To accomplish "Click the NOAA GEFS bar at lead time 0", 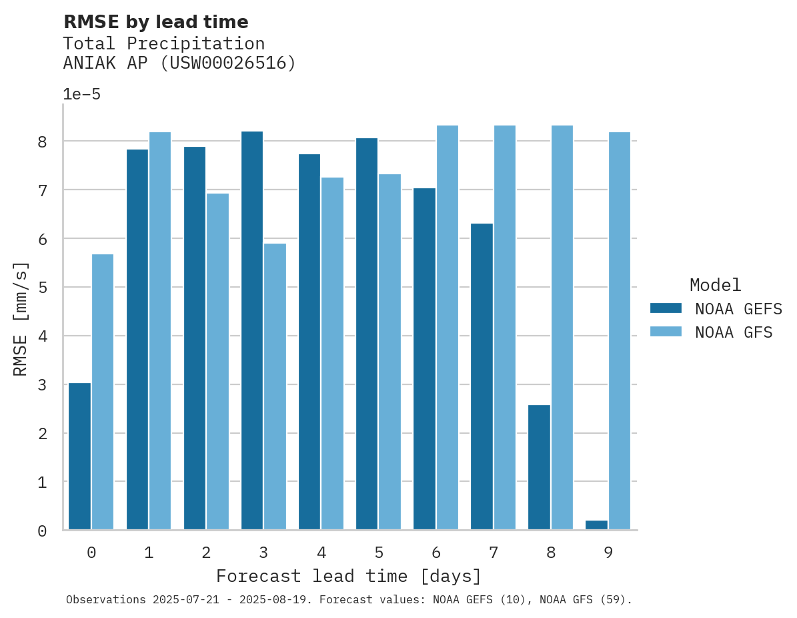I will coord(80,456).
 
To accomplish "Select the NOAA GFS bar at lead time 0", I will coord(103,392).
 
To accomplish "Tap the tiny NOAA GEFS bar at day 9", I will coord(596,525).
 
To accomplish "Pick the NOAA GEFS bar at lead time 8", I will coord(539,467).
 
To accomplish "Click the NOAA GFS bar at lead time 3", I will coord(275,387).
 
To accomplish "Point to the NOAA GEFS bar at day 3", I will coord(252,330).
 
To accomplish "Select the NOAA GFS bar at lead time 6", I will coord(447,328).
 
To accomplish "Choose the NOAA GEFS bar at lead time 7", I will coord(482,376).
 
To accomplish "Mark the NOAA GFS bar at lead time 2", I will coord(217,362).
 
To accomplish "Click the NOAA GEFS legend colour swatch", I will coord(666,308).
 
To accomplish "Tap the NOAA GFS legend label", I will coord(734,332).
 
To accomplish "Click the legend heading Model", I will coord(715,286).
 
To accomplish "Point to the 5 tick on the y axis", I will coord(42,288).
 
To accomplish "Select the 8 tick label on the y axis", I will coord(42,141).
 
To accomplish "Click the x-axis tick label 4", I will coord(321,553).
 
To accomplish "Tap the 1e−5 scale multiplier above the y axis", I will coord(81,95).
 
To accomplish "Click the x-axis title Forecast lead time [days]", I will coord(349,576).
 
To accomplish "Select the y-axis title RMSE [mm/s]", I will coord(21,318).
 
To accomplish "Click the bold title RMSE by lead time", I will coord(156,22).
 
